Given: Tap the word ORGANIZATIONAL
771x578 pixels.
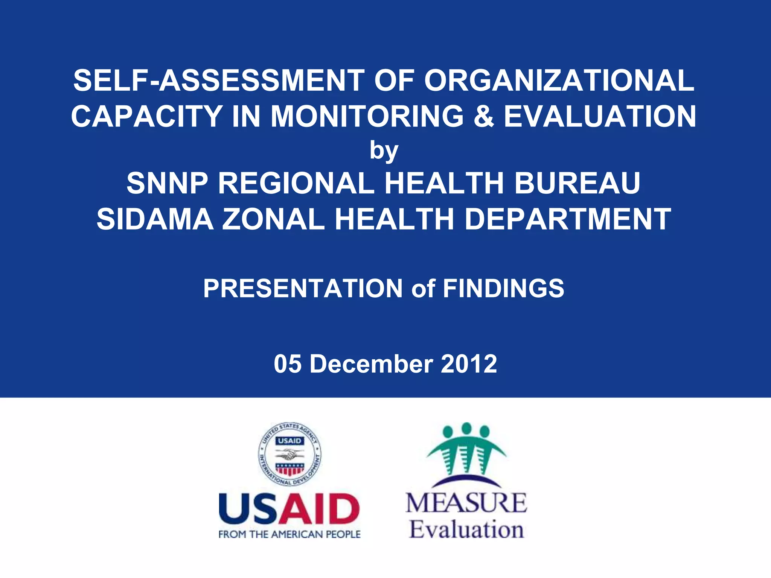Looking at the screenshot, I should click(x=559, y=81).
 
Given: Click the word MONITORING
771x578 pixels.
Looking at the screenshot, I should click(x=367, y=116).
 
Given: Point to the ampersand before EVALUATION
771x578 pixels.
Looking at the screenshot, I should click(x=483, y=116).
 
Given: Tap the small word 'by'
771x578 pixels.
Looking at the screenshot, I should click(x=384, y=151).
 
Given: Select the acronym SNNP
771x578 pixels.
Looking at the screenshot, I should click(x=167, y=183).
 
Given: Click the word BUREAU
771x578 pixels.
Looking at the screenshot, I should click(x=577, y=183).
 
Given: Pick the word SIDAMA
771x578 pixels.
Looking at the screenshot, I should click(x=155, y=219).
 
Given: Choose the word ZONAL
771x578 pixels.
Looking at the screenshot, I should click(x=273, y=219).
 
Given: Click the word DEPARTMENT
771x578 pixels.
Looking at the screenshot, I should click(x=568, y=219).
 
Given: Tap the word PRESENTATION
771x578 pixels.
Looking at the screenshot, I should click(x=303, y=289).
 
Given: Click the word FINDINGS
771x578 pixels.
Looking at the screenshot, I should click(x=503, y=289).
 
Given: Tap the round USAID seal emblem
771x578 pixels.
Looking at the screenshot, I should click(x=290, y=454).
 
